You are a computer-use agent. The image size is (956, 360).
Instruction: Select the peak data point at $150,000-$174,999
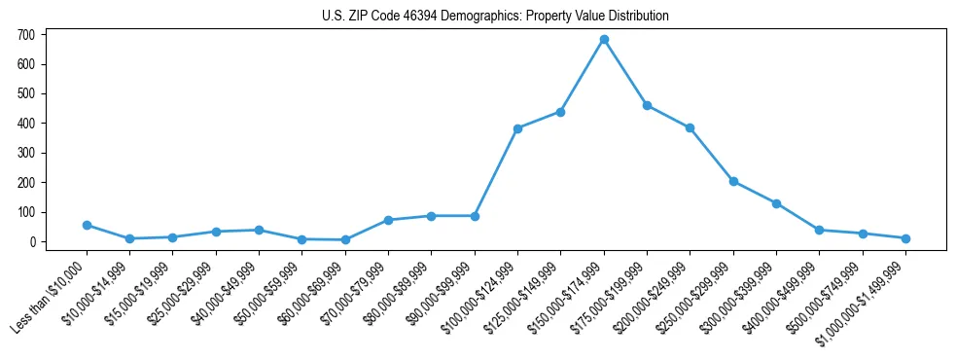pos(604,40)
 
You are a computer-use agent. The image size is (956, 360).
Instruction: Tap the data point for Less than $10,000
pos(87,225)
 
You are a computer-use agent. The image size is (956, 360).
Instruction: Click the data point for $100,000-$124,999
pos(517,128)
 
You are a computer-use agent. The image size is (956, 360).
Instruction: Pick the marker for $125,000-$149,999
pos(561,112)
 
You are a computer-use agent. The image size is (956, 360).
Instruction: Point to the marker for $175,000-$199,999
pos(647,105)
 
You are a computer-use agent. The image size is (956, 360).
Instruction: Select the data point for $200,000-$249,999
pos(690,127)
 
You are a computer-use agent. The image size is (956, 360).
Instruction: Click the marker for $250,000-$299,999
pos(733,181)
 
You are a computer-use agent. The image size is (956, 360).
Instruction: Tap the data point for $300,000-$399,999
pos(776,203)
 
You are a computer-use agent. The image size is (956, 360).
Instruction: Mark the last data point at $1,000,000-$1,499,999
pos(905,238)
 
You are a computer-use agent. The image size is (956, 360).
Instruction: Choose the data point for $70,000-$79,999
pos(388,220)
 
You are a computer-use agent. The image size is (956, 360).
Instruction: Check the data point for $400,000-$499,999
pos(819,230)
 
